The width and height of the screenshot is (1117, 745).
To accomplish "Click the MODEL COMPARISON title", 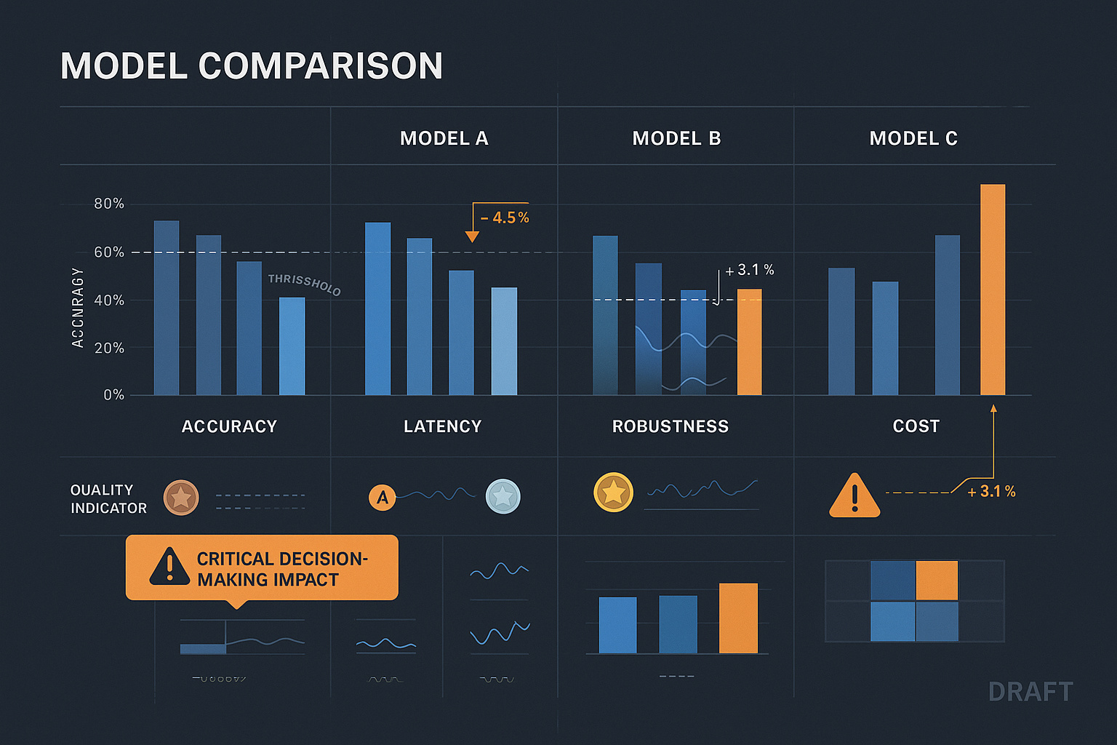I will tap(252, 66).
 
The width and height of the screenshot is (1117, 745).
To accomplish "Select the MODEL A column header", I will tap(444, 138).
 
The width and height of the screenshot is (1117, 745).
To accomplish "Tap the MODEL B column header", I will tap(676, 138).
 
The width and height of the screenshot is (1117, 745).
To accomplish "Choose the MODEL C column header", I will tap(913, 138).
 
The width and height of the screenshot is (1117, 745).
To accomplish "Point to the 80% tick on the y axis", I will tap(109, 204).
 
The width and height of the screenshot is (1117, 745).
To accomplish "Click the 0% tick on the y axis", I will tap(113, 395).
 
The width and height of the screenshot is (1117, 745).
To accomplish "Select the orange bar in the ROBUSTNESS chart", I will tap(749, 342).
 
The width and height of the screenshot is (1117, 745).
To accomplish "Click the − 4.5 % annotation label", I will tap(505, 218).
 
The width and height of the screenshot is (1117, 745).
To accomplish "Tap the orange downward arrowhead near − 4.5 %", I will tap(472, 236).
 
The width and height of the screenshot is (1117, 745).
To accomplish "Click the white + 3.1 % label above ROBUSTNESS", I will tap(750, 270).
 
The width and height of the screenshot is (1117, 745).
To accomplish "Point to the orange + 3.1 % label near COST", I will tap(991, 492).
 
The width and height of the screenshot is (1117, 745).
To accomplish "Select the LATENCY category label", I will tap(442, 426).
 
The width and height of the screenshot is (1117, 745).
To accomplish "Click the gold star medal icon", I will tap(613, 493).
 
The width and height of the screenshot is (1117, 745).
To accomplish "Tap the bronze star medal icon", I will tap(181, 498).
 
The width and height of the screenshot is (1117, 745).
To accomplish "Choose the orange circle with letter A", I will tap(382, 498).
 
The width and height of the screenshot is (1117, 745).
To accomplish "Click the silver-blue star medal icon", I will tap(503, 497).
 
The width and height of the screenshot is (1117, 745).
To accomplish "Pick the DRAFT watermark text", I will tap(1030, 692).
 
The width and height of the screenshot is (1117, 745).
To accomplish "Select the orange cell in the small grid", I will tap(937, 580).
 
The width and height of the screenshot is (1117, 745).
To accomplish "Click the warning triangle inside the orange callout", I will tap(169, 567).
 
